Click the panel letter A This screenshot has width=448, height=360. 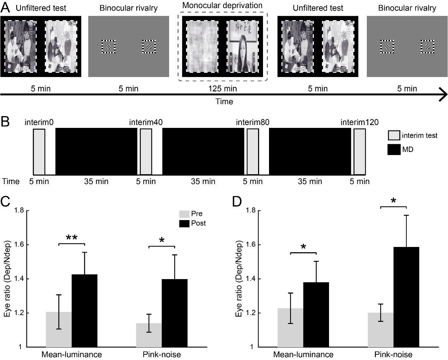[x=6, y=7]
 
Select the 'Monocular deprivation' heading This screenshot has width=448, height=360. [x=222, y=6]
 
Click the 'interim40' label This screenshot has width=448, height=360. [x=146, y=122]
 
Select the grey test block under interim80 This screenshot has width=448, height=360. [x=253, y=152]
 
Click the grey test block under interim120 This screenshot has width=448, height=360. [x=359, y=152]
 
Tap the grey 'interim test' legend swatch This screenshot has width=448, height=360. [x=394, y=136]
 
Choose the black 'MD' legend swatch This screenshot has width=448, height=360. [x=394, y=149]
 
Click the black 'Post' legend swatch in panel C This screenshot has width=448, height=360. [x=184, y=223]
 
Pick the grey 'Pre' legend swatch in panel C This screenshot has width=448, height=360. [x=184, y=214]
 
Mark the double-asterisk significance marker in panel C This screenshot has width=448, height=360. [x=72, y=238]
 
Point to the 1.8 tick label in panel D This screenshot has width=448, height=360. [x=251, y=211]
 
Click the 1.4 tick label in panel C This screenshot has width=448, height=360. [x=19, y=279]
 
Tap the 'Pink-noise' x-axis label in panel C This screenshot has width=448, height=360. [x=162, y=354]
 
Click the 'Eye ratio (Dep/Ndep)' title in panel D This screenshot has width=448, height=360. [x=239, y=279]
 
